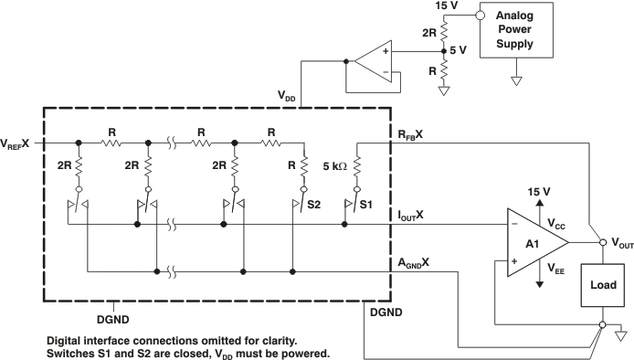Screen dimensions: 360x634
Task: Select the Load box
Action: (x=602, y=286)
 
